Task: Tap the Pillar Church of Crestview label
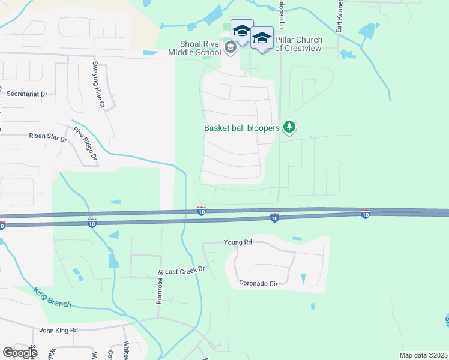(298, 44)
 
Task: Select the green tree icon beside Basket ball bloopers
(289, 127)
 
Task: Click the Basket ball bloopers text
(242, 128)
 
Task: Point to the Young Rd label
(237, 242)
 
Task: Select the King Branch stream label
(53, 298)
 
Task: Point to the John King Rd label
(58, 330)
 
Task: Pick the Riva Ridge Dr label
(85, 145)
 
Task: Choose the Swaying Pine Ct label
(98, 85)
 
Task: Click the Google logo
(20, 352)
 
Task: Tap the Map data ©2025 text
(423, 355)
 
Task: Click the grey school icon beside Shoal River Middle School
(231, 47)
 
